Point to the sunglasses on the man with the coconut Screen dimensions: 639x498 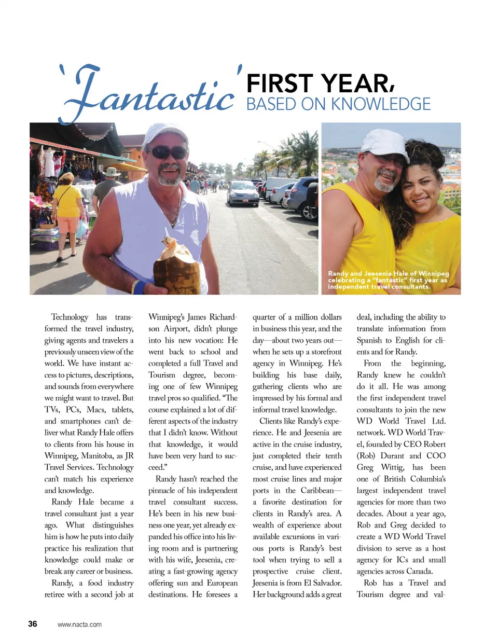click(167, 152)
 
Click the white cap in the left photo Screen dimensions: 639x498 click(164, 135)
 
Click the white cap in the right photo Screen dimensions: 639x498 click(386, 144)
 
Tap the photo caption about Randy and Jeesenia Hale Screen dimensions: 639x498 click(388, 280)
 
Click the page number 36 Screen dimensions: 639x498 click(33, 624)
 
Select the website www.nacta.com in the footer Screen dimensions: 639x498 click(80, 624)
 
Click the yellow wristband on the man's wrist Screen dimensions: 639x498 click(136, 286)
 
